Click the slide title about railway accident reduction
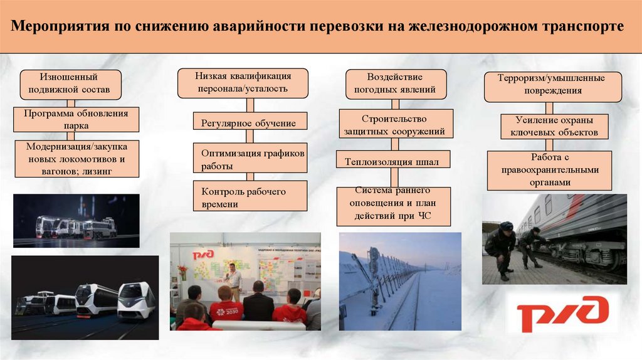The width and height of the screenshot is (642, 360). pos(320,28)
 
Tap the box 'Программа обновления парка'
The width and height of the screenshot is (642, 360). pos(76,119)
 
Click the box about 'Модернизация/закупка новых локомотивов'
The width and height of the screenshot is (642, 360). pos(76,159)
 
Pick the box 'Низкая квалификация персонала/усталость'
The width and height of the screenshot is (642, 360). pos(242,83)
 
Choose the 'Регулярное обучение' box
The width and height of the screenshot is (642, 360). pos(250,122)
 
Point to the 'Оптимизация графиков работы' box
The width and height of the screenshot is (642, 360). pos(250,159)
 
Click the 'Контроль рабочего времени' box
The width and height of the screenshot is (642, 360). pos(250,196)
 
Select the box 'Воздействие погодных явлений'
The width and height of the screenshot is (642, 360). pos(396,83)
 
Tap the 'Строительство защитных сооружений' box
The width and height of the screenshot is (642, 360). pos(395,125)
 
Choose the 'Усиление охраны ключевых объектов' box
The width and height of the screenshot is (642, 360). pos(554,126)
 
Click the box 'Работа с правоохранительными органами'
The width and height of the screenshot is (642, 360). pos(550,169)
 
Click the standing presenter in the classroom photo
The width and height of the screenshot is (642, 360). pos(233,281)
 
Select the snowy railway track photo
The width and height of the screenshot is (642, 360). pos(399,281)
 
